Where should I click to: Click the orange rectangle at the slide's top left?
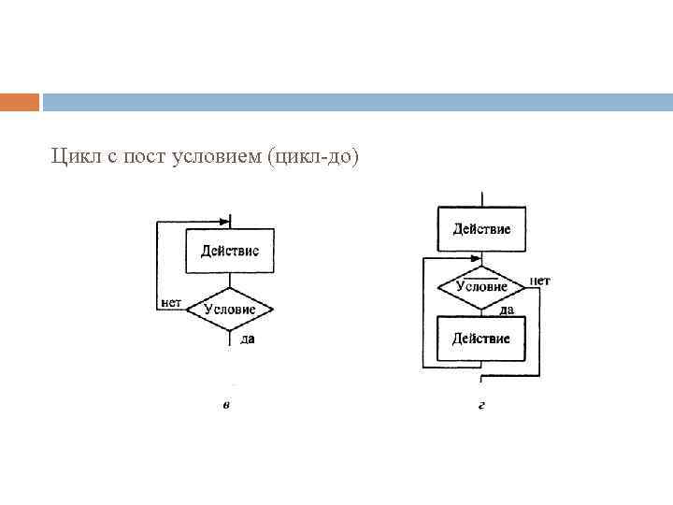click(x=20, y=102)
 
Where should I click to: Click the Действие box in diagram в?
click(x=229, y=251)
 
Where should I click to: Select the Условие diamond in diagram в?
click(x=229, y=309)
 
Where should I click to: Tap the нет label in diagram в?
click(x=170, y=302)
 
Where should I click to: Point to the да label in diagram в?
click(x=248, y=339)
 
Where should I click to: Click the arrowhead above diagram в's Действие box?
click(x=224, y=223)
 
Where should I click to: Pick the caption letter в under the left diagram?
click(x=227, y=405)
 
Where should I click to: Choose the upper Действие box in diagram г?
click(x=481, y=229)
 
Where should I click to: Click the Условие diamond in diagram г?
click(x=481, y=286)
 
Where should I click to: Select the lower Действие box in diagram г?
click(x=481, y=338)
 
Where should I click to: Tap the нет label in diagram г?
click(x=539, y=280)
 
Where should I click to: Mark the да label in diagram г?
click(x=506, y=310)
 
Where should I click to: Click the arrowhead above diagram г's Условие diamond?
click(x=477, y=260)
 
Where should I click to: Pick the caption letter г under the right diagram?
click(x=480, y=405)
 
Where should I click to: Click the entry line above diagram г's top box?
click(x=481, y=198)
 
